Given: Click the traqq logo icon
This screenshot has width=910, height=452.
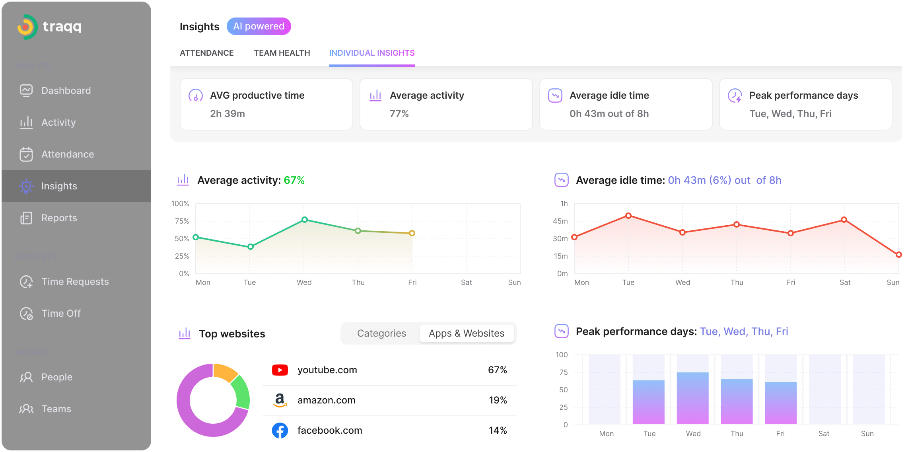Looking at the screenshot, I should [27, 27].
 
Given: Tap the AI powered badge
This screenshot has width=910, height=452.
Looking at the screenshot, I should [259, 26].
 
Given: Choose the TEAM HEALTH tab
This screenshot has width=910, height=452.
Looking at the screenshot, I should [282, 53].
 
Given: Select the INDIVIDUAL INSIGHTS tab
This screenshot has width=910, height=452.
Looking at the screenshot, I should [372, 53].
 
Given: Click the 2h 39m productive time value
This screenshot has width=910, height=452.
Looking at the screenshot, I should [227, 114].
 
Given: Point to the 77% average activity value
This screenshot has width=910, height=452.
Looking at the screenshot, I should [399, 114].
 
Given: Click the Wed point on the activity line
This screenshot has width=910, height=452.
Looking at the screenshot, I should [304, 220].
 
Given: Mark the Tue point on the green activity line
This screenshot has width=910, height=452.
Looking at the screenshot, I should [250, 247].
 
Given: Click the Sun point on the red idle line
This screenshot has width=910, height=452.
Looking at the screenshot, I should [898, 255].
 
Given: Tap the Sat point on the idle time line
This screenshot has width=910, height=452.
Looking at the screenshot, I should [844, 220].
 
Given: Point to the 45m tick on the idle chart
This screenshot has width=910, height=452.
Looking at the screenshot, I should [560, 221].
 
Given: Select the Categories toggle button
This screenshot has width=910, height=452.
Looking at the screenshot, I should [381, 333].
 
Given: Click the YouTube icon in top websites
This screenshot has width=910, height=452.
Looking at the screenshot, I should [280, 370].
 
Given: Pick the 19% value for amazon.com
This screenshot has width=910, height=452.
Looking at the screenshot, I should [498, 400].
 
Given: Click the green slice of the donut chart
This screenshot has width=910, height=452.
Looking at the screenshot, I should [241, 392].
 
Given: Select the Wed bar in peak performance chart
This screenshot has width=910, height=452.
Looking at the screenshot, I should [692, 398].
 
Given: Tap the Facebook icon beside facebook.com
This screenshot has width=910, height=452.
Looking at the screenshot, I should [280, 431].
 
